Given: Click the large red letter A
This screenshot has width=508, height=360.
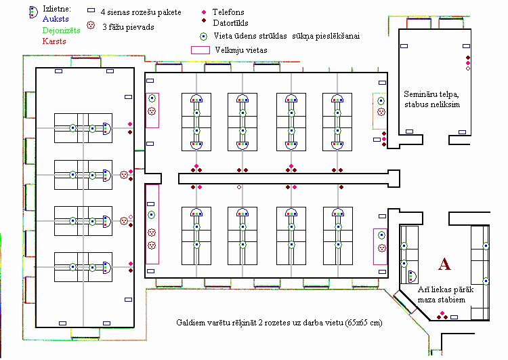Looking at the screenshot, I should (444, 264).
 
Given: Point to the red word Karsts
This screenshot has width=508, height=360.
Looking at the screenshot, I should (35, 41).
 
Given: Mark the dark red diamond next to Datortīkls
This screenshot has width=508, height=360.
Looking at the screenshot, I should (205, 22).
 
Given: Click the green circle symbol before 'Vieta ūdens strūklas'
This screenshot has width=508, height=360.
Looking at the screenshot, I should (203, 35).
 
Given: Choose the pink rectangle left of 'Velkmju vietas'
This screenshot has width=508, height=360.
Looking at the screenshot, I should (200, 50).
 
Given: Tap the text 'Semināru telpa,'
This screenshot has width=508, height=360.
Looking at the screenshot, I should (430, 94).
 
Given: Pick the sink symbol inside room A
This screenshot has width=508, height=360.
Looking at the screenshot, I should (412, 276).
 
